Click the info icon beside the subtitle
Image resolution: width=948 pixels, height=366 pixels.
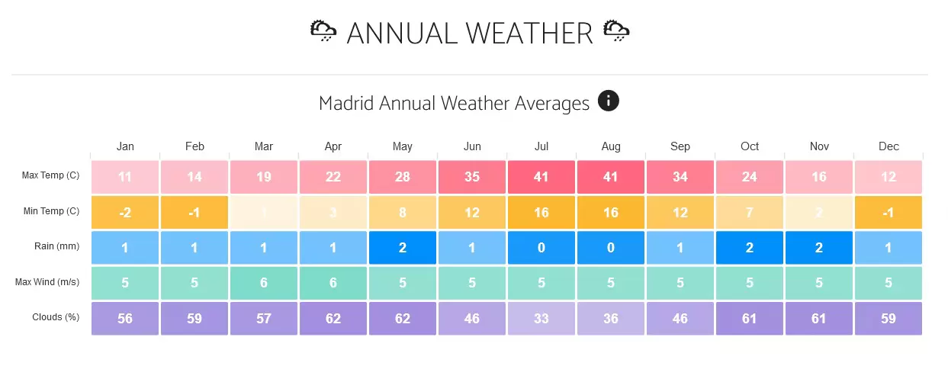(x=609, y=101)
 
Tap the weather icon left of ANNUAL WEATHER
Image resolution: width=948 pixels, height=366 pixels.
(x=323, y=31)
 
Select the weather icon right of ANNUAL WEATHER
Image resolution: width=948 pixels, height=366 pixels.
(x=616, y=31)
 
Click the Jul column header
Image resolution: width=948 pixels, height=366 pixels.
(x=541, y=146)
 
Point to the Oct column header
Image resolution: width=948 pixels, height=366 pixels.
(x=750, y=146)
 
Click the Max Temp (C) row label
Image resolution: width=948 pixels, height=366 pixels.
(x=51, y=176)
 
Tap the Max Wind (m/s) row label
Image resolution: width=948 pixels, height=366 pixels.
(x=47, y=282)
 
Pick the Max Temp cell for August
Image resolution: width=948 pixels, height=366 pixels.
(x=611, y=177)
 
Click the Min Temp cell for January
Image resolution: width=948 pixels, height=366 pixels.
(x=125, y=213)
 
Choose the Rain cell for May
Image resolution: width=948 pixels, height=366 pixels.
(x=403, y=248)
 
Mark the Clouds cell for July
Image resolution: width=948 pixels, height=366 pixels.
(x=541, y=318)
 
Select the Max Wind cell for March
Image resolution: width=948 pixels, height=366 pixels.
(x=264, y=283)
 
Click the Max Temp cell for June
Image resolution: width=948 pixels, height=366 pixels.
(x=472, y=177)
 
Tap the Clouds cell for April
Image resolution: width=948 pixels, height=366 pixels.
(x=333, y=318)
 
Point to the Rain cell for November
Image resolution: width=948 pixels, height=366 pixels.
(x=819, y=248)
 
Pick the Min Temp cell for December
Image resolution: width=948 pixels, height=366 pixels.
(x=889, y=213)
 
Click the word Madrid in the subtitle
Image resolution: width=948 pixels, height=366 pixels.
(x=346, y=103)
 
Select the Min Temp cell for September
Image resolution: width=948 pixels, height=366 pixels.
(x=680, y=213)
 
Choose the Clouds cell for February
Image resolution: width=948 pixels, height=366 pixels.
(x=194, y=318)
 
